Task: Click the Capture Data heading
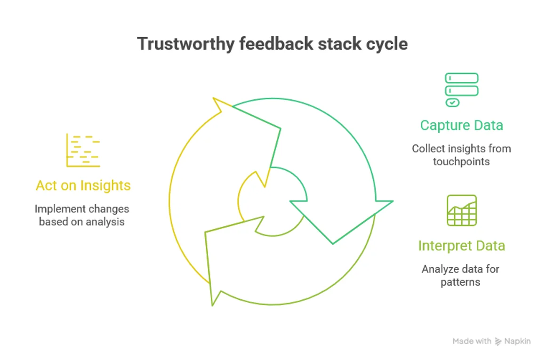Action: click(461, 125)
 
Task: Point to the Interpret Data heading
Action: click(461, 246)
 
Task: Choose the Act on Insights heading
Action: click(83, 185)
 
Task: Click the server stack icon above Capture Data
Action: click(461, 90)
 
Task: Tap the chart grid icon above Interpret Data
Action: click(461, 210)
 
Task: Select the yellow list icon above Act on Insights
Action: click(83, 150)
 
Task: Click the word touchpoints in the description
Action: click(461, 161)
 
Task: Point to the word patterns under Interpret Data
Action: click(460, 282)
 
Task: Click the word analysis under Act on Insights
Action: click(106, 221)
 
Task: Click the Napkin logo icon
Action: click(498, 341)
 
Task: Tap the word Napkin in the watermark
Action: click(517, 341)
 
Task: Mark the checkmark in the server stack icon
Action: click(452, 102)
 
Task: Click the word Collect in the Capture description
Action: click(427, 149)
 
